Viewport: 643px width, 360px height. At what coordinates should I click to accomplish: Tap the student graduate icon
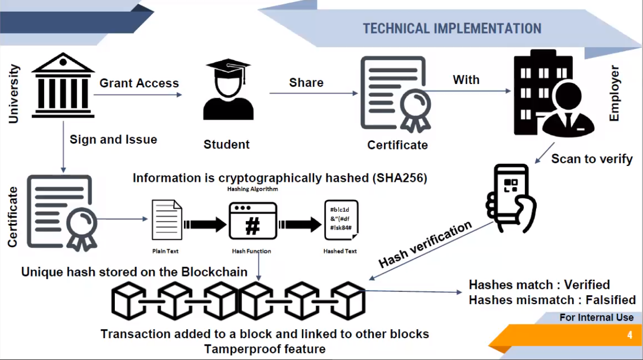[x=228, y=89]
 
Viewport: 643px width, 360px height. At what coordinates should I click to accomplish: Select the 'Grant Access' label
[x=139, y=83]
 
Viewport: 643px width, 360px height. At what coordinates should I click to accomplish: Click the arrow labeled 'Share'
[x=313, y=94]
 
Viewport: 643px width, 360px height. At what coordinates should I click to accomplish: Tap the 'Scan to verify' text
[x=592, y=158]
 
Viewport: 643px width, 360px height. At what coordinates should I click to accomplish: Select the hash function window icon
[x=253, y=221]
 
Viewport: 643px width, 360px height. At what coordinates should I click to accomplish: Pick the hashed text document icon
[x=340, y=220]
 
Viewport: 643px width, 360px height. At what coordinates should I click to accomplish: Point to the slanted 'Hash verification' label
[x=425, y=244]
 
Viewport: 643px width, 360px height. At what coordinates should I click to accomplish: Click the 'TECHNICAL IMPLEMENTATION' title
[x=452, y=28]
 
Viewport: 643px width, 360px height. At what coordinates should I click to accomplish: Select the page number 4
[x=630, y=336]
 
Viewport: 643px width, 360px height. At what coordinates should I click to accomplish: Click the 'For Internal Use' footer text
[x=596, y=317]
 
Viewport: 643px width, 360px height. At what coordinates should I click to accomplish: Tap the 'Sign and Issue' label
[x=113, y=140]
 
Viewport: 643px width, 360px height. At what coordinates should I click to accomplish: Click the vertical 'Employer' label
[x=614, y=93]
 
